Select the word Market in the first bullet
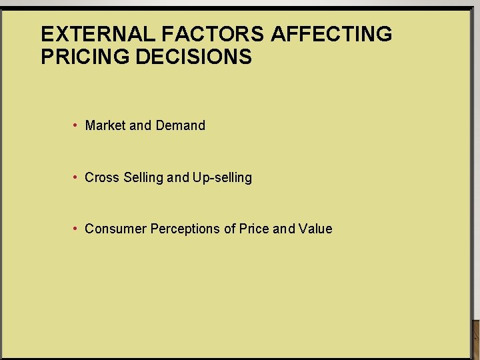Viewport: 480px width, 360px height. click(x=105, y=125)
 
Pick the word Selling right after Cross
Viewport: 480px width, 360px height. click(x=143, y=177)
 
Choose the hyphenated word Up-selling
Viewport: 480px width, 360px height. click(x=222, y=177)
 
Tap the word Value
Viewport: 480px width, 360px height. click(x=315, y=229)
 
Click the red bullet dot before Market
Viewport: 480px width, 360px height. click(x=77, y=125)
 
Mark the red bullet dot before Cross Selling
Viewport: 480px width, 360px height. click(x=77, y=177)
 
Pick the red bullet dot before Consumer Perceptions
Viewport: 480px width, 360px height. click(x=77, y=229)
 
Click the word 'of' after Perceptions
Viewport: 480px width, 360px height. click(x=229, y=229)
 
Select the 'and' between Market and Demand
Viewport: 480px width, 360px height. click(x=141, y=125)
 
